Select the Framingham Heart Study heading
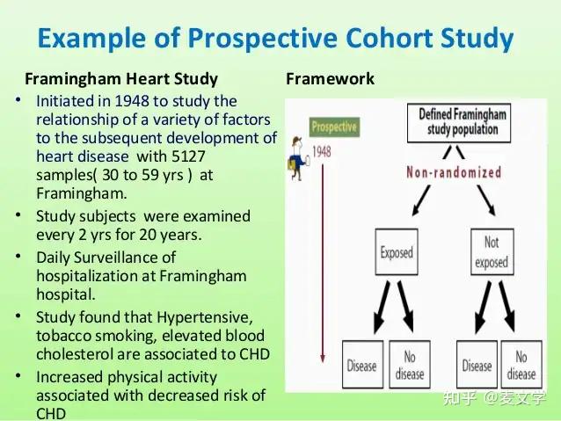click(x=121, y=78)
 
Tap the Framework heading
click(x=330, y=78)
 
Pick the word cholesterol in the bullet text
click(x=77, y=354)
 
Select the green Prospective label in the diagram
click(x=334, y=127)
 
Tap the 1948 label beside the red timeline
click(x=321, y=151)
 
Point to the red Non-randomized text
click(x=454, y=172)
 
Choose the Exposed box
click(x=397, y=253)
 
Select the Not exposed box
click(x=491, y=253)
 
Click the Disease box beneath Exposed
click(x=361, y=365)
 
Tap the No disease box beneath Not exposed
click(x=521, y=365)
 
